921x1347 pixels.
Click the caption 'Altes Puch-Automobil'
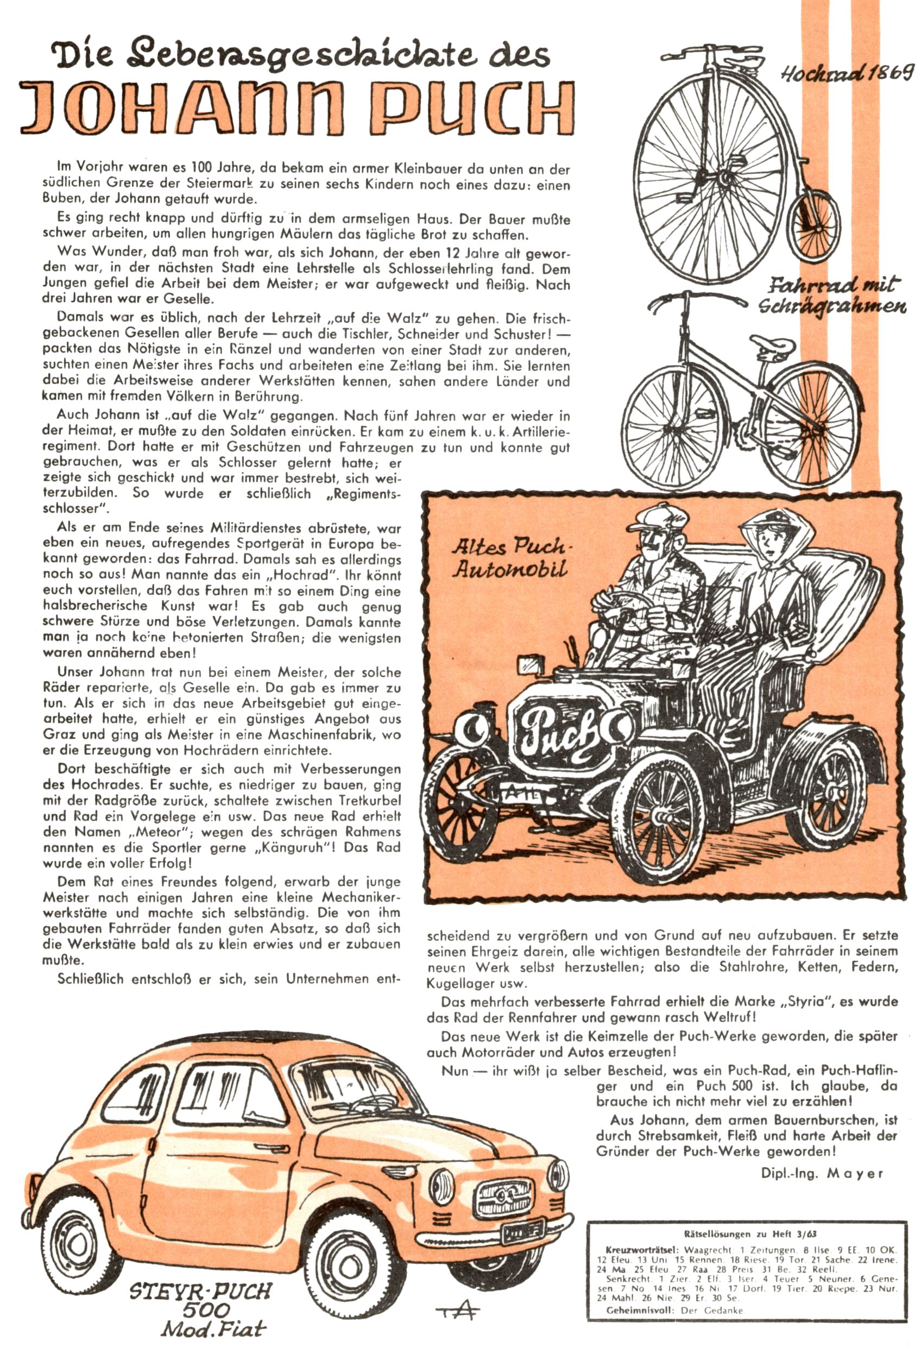(509, 558)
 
